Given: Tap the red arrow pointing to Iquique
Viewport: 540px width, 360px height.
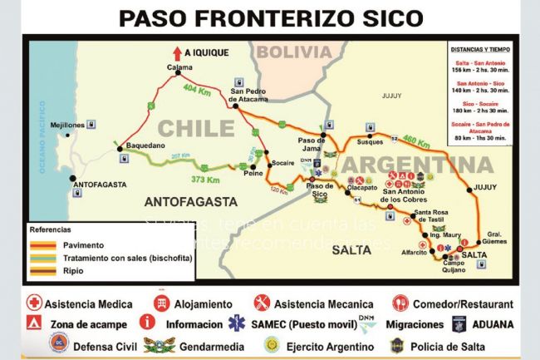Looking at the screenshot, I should point(177,51).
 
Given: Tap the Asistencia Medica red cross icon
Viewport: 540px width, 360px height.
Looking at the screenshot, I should point(34,303).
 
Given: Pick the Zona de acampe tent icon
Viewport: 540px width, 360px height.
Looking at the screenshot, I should point(34,323).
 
